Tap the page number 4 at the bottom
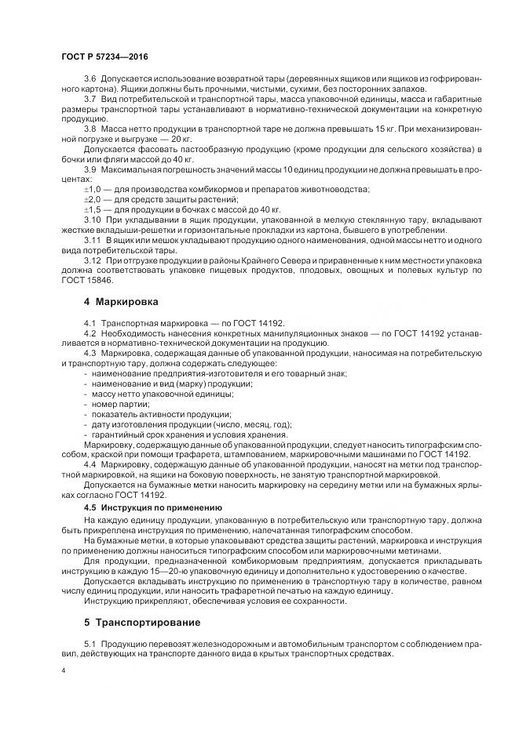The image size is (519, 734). coord(62,671)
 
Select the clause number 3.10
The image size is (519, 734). coord(92,221)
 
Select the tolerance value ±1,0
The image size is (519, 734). coord(93,190)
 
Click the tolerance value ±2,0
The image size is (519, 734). coord(93,200)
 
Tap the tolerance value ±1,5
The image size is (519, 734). coord(93,210)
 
